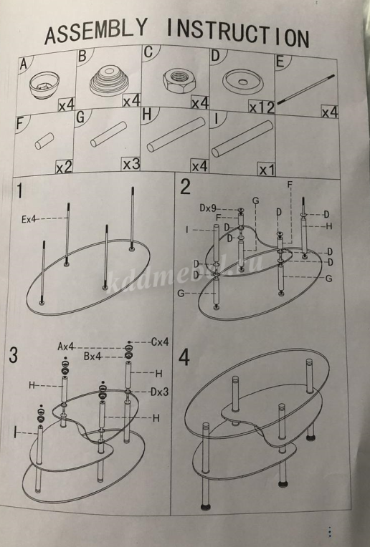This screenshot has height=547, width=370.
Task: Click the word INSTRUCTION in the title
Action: [237, 34]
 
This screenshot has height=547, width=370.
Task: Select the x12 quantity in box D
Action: [261, 107]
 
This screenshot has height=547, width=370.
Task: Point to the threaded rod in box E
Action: [305, 89]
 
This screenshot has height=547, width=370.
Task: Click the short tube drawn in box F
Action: [44, 140]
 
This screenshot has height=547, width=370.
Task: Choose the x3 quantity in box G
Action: [131, 164]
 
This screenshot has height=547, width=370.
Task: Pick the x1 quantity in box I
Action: [267, 170]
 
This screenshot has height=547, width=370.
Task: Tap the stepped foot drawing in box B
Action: [110, 81]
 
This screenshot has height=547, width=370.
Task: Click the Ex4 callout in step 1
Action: [29, 219]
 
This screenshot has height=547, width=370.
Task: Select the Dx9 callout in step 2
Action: [208, 208]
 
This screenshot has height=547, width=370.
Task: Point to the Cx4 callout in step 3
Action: [160, 342]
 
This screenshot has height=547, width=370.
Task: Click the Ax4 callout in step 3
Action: [66, 347]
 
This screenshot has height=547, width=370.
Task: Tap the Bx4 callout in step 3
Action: [92, 357]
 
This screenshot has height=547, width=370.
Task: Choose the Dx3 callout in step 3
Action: [160, 392]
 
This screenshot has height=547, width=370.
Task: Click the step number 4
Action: [184, 357]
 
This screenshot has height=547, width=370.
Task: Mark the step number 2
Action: [185, 187]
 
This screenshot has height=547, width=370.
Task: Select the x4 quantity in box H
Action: [200, 166]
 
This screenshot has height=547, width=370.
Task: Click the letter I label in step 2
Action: [187, 230]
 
